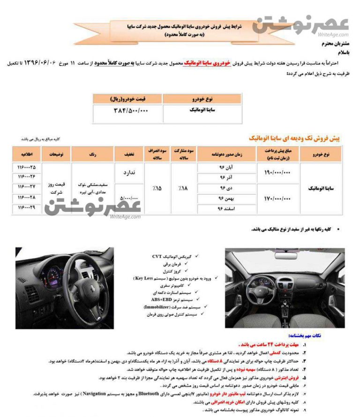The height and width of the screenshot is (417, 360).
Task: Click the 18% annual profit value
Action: (183, 188)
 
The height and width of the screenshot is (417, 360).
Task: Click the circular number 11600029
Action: (26, 207)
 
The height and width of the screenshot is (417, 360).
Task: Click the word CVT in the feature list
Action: (157, 257)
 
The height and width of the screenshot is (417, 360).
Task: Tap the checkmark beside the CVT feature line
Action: (195, 257)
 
